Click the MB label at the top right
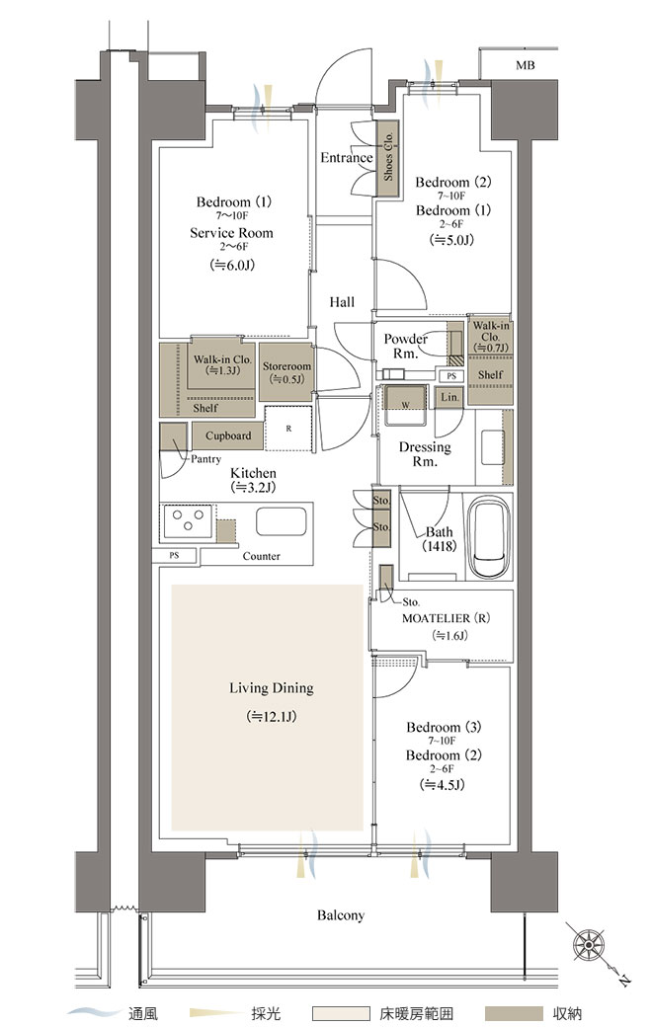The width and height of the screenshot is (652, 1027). (525, 65)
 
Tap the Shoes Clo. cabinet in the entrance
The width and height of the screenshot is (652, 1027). (387, 157)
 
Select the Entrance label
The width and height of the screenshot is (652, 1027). (346, 158)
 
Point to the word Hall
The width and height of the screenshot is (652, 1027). (342, 302)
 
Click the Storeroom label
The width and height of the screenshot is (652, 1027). (286, 366)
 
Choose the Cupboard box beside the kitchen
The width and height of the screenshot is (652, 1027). (228, 435)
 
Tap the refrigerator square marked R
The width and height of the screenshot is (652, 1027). (288, 429)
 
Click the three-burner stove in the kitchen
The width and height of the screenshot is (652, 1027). (188, 521)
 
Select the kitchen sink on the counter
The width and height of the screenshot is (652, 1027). (282, 521)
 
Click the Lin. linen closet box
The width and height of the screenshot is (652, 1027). (449, 398)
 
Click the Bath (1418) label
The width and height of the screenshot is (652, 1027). (439, 539)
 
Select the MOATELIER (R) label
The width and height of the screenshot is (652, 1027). (446, 618)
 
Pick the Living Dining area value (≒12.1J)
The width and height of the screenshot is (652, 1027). (272, 717)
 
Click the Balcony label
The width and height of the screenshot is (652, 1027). (341, 915)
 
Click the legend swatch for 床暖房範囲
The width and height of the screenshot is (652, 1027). (341, 1013)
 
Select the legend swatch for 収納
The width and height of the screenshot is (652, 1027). (514, 1013)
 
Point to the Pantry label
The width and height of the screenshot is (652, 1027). (205, 459)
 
